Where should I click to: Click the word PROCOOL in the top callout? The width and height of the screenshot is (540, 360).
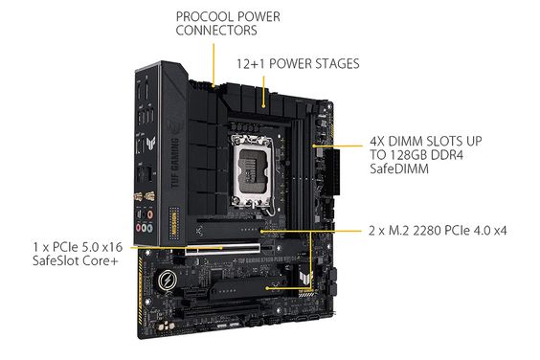(199, 16)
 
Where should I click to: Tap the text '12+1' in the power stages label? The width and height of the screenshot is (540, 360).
(253, 64)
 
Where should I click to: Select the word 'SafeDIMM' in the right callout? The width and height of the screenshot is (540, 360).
(396, 169)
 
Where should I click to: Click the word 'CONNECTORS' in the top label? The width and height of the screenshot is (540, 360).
(216, 31)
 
